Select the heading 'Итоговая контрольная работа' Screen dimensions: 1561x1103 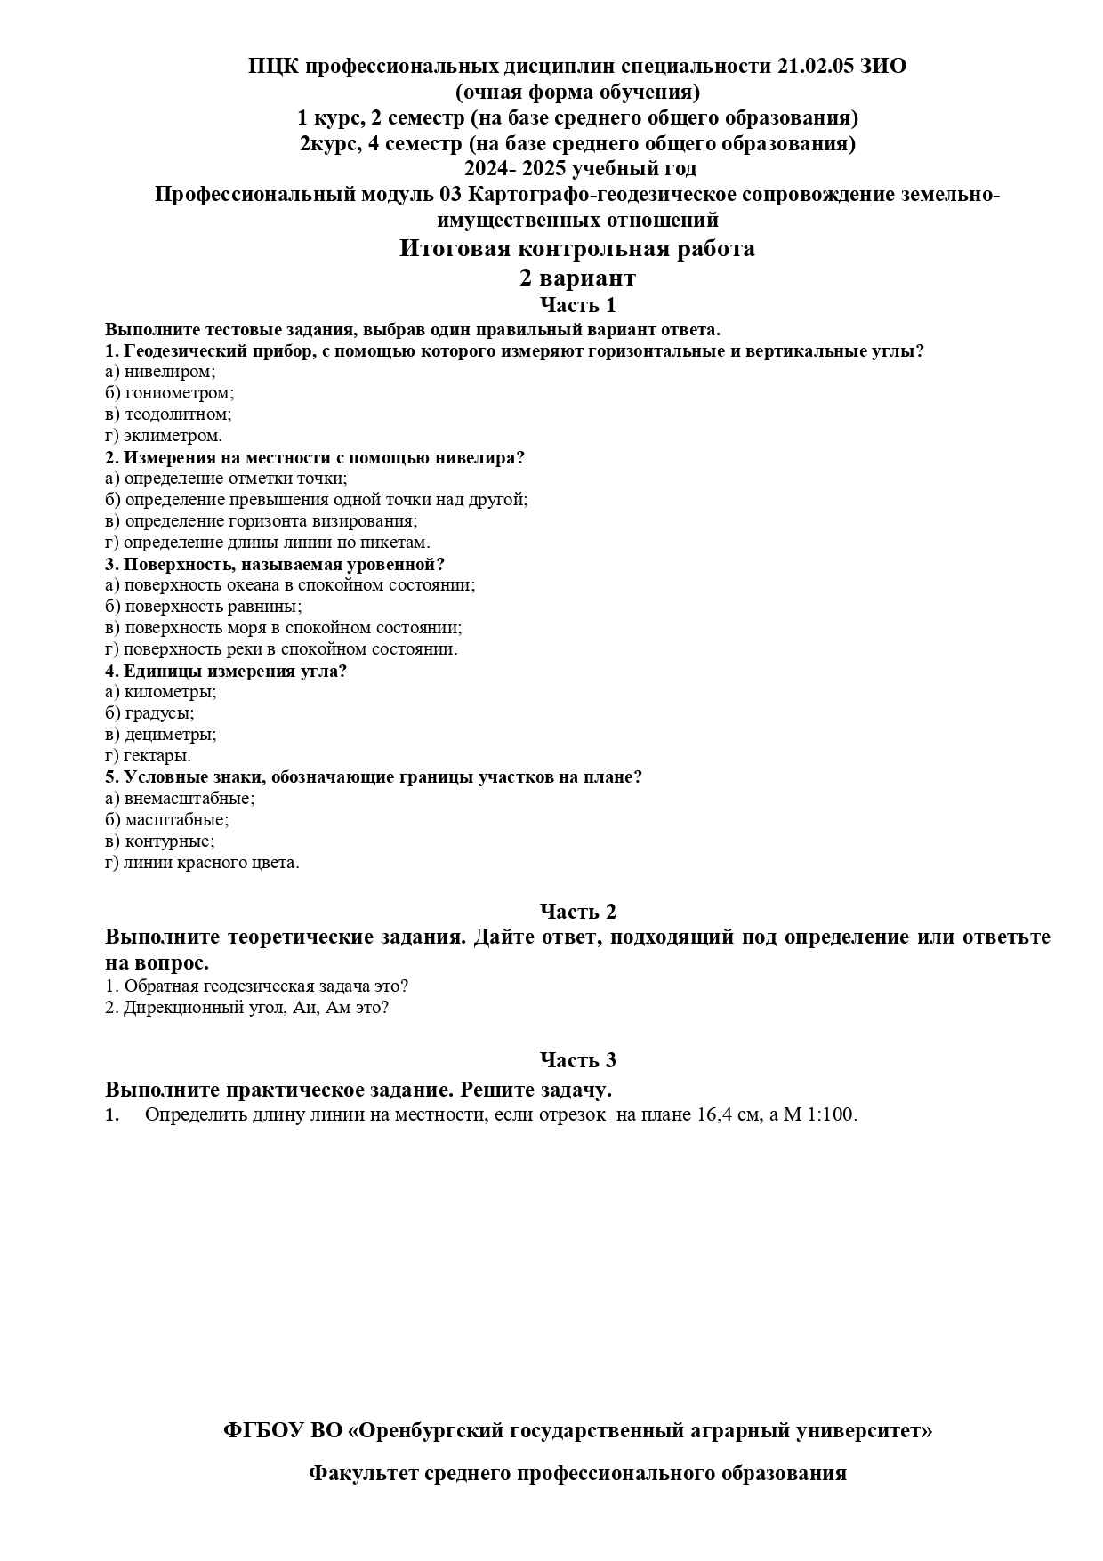pos(576,248)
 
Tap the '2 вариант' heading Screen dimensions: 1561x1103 pos(577,278)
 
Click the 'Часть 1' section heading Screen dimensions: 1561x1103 pos(577,305)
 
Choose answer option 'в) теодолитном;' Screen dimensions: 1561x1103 pos(168,414)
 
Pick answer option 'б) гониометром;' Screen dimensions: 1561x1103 pos(169,393)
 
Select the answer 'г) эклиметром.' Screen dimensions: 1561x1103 pos(164,436)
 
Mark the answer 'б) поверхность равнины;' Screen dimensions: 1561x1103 pos(203,607)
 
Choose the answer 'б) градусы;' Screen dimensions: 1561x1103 pos(149,713)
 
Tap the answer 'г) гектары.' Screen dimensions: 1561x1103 pos(148,756)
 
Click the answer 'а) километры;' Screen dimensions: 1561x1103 pos(160,692)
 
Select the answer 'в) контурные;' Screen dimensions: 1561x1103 pos(159,841)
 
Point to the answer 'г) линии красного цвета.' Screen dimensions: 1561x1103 pos(202,863)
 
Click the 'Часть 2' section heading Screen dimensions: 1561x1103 pos(577,911)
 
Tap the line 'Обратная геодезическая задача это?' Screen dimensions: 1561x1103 pos(265,986)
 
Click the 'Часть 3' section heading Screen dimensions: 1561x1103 pos(577,1060)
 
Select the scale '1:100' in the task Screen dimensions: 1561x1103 pos(832,1115)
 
